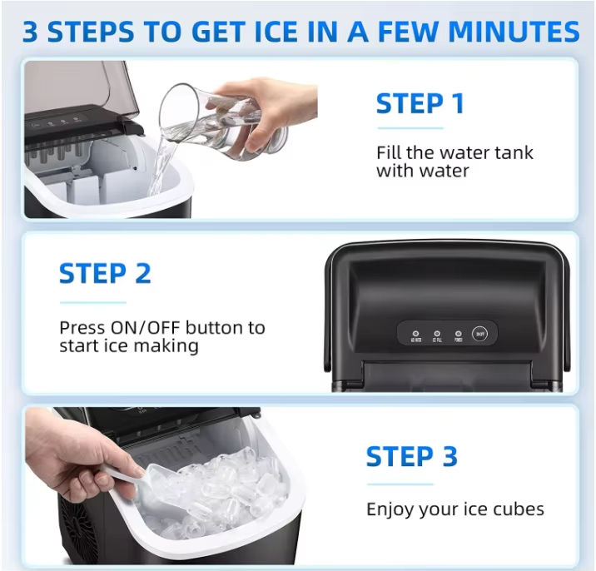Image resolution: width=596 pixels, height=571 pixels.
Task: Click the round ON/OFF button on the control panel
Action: pos(479,334)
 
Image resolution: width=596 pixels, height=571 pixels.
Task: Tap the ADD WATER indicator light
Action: pos(416,334)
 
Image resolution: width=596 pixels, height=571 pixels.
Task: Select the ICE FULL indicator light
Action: pos(437,334)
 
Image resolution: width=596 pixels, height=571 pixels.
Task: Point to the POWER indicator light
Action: pos(459,334)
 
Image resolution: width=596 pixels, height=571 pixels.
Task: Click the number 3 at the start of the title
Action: pos(31,32)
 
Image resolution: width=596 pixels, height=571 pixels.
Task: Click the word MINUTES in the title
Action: pos(514,32)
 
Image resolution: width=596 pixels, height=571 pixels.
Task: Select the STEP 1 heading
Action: pos(420,103)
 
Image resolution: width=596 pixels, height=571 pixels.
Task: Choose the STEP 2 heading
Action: pos(105,273)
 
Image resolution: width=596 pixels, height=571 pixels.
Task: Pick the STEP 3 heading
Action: pos(412,456)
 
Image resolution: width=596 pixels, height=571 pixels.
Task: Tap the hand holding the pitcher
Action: pos(274,110)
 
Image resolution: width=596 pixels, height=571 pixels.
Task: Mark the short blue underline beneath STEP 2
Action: pos(93,303)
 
